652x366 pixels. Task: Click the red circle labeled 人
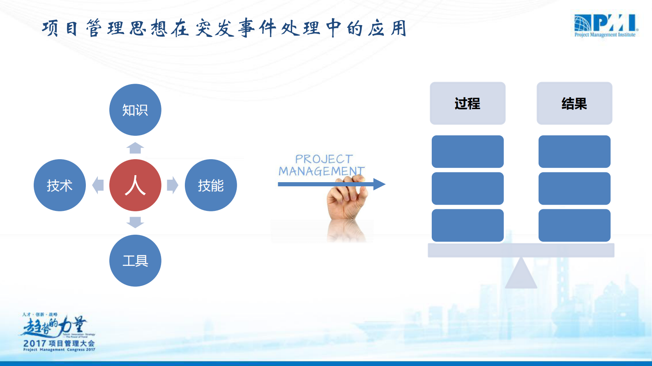tap(135, 185)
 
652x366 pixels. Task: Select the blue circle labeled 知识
tap(135, 110)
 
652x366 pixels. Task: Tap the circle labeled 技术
tap(60, 185)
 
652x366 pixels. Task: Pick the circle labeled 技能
tap(211, 185)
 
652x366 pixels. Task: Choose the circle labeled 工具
tap(135, 261)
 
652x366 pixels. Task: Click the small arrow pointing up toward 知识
tap(135, 148)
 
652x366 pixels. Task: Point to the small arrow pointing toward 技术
tap(98, 185)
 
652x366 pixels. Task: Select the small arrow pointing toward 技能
tap(173, 185)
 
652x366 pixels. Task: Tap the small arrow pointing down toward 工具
tap(135, 222)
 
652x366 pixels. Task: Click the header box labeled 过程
tap(468, 103)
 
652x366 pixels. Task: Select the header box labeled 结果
tap(574, 103)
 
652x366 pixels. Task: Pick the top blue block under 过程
tap(468, 151)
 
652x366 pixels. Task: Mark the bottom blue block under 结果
tap(574, 225)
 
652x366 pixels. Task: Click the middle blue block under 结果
tap(574, 188)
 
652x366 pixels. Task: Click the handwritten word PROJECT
tap(324, 159)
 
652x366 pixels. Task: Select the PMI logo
tap(606, 25)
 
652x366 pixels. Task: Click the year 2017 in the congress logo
tap(35, 343)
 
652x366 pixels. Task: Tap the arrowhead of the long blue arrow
tap(379, 184)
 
